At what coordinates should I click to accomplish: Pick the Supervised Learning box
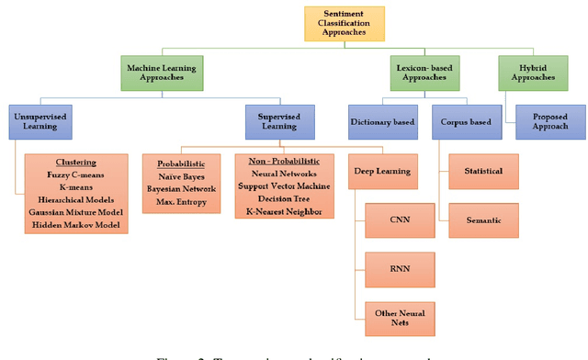pyautogui.click(x=280, y=122)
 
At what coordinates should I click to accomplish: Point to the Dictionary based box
pyautogui.click(x=382, y=122)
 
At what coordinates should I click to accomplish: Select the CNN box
pyautogui.click(x=399, y=220)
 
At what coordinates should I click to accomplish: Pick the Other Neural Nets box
pyautogui.click(x=399, y=318)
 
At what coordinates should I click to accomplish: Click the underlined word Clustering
pyautogui.click(x=76, y=162)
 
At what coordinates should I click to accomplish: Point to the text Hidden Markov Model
pyautogui.click(x=76, y=224)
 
